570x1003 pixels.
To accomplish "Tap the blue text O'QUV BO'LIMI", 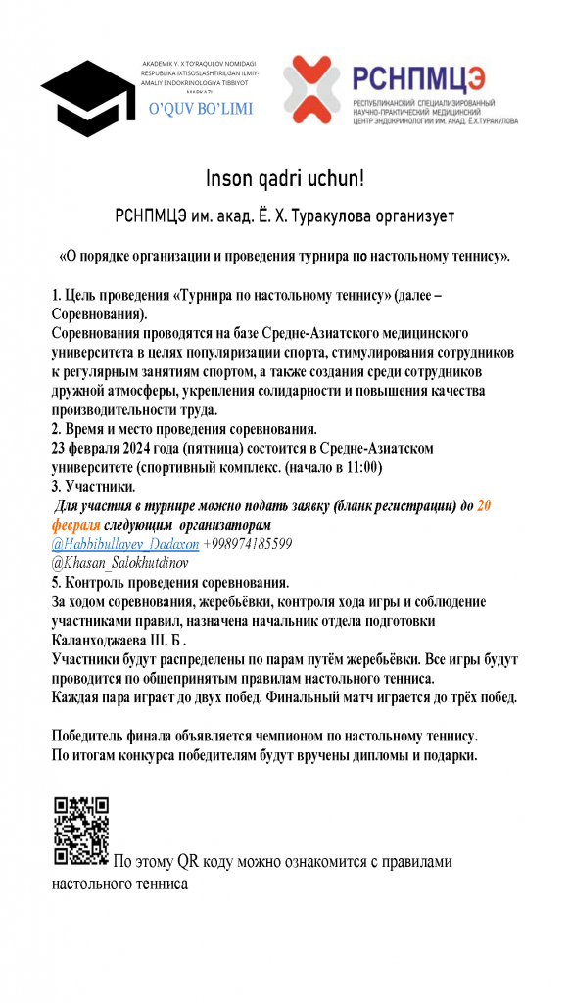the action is click(200, 109).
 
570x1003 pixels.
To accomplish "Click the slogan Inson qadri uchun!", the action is click(284, 179).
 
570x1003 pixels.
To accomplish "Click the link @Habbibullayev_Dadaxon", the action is click(125, 543).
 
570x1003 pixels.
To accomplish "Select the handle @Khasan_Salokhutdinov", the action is click(119, 563).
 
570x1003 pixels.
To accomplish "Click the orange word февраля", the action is click(75, 525).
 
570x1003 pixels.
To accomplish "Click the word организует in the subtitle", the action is click(404, 215).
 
